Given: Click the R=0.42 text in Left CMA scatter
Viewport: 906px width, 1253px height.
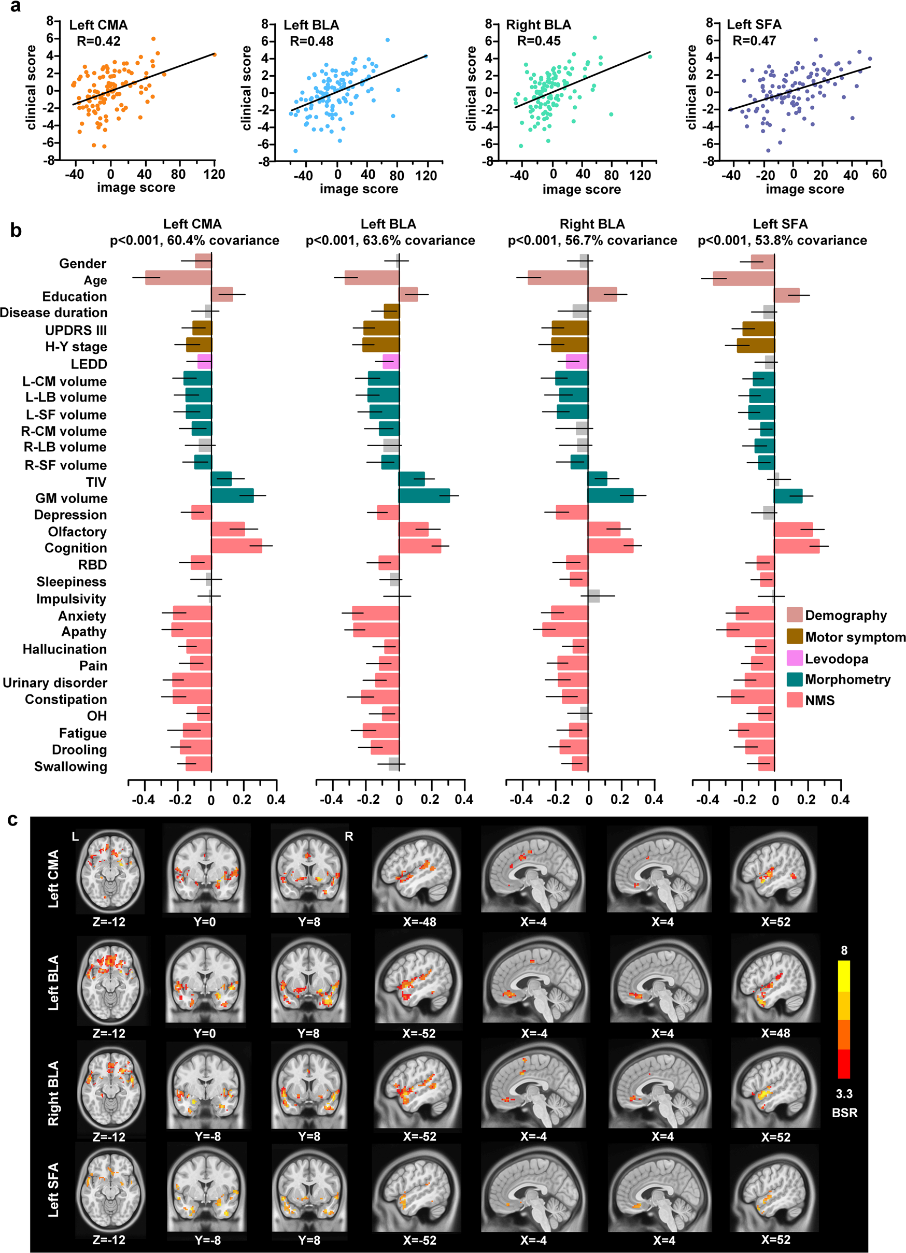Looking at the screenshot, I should [98, 41].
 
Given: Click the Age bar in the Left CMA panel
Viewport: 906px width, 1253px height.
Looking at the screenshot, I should [178, 278].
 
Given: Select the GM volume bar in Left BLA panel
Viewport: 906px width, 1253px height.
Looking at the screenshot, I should [424, 495].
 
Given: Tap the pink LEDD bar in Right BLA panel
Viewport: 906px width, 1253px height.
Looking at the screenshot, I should [577, 362].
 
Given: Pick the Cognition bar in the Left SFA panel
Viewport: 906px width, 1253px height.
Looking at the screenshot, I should [796, 546].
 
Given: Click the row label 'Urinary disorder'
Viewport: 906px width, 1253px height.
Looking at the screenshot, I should [55, 683].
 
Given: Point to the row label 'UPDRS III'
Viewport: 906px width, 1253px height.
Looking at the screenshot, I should [76, 331].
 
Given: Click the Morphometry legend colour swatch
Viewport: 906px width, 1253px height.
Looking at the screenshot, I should [795, 679].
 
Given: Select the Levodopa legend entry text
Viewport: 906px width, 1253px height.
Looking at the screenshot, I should [836, 659].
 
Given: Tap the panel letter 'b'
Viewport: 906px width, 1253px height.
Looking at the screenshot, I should [16, 231].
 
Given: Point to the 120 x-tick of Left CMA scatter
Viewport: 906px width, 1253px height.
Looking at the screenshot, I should [214, 175].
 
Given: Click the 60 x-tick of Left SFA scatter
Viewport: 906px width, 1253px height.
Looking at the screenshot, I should [879, 175].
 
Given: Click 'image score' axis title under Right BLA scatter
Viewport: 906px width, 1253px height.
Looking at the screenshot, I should [581, 190].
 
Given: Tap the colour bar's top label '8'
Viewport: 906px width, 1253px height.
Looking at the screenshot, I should [844, 950].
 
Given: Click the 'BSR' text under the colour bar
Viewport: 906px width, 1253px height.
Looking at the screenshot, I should [844, 1113].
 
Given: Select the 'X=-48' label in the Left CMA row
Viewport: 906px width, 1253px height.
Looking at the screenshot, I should [419, 921].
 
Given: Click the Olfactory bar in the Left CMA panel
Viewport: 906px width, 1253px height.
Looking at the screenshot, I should [228, 529].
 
